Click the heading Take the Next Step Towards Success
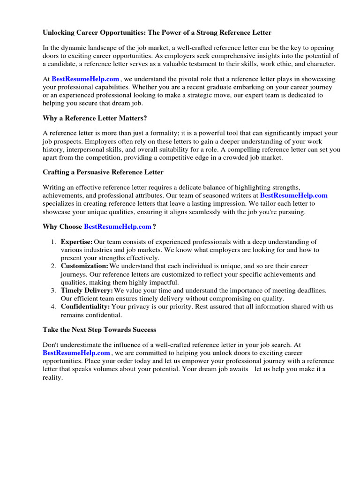[x=99, y=330]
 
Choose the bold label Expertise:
[x=76, y=242]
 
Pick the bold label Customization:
[x=84, y=266]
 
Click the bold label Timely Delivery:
[x=87, y=291]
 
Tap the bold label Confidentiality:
[x=85, y=307]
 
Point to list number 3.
[x=53, y=291]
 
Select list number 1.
[x=53, y=242]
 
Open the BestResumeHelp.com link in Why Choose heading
[x=118, y=227]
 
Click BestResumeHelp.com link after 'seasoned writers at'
[x=294, y=195]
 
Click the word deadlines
[x=309, y=291]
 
